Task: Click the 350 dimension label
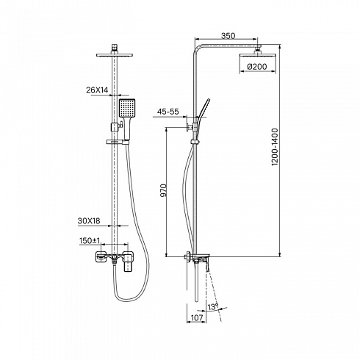[228, 36]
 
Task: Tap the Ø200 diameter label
[257, 66]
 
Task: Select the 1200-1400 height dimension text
[275, 147]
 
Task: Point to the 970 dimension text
[163, 190]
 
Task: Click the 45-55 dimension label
[168, 112]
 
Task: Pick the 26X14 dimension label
[97, 90]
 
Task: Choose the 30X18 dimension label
[89, 221]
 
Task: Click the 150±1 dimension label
[90, 241]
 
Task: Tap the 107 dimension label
[197, 317]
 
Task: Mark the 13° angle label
[213, 307]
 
